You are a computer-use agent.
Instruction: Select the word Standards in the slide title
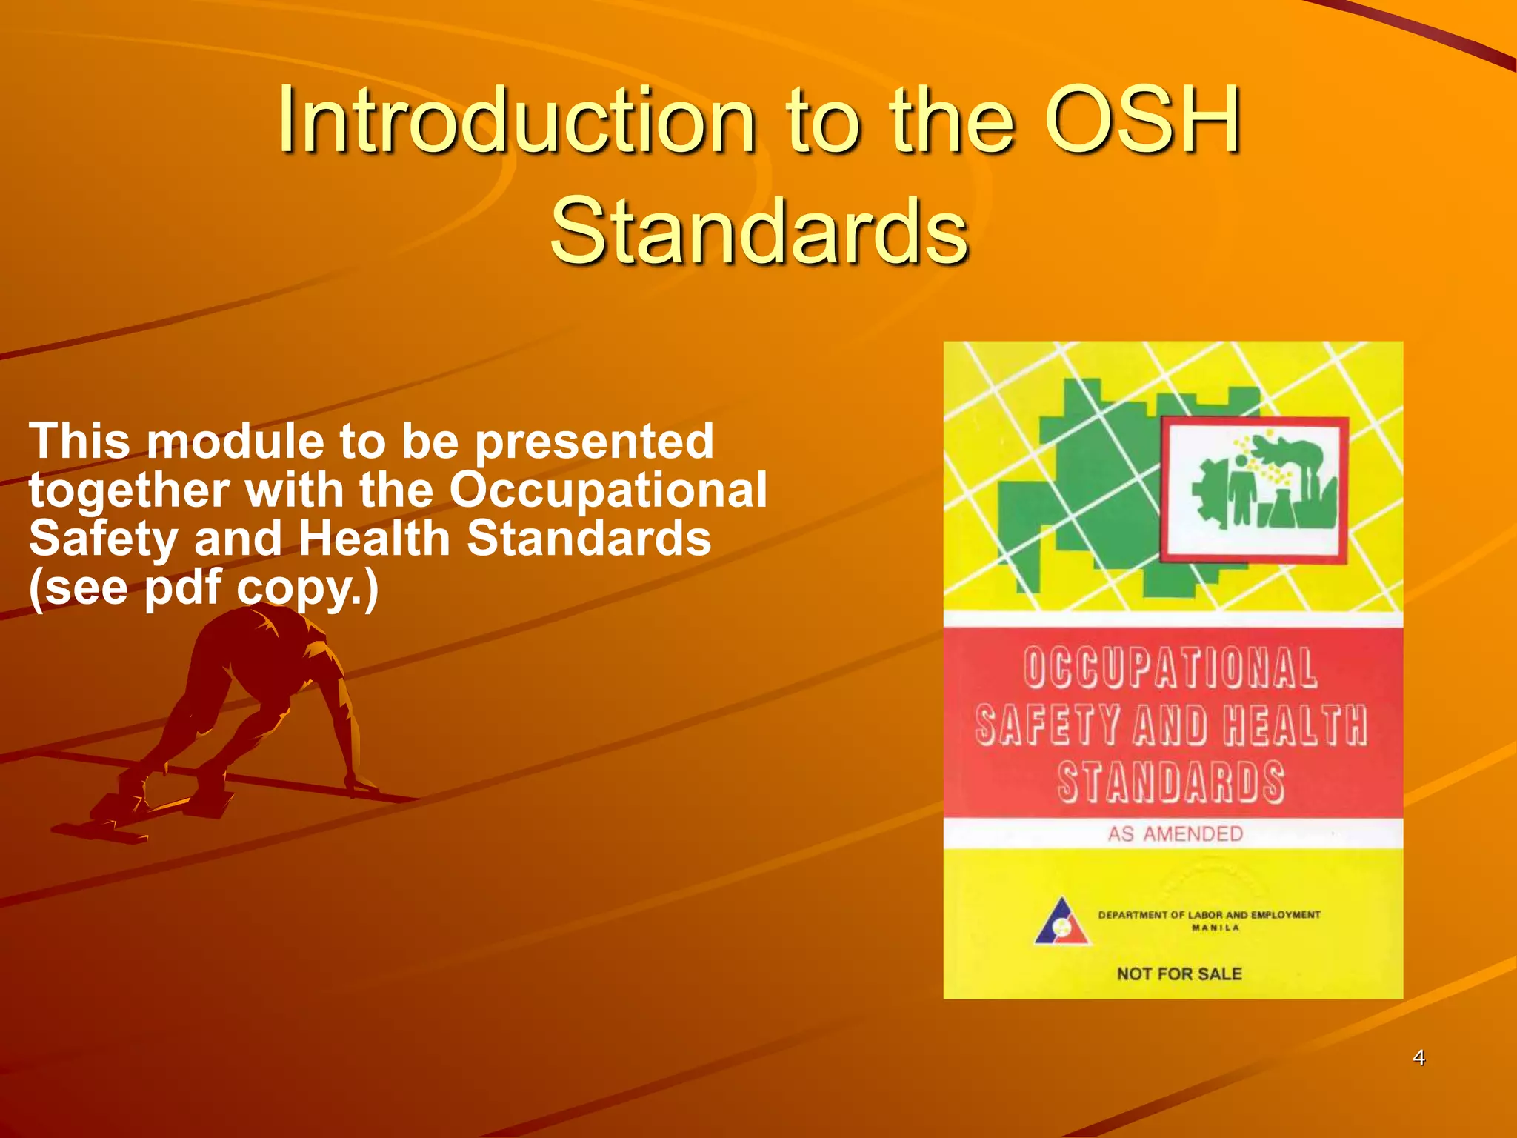tap(759, 230)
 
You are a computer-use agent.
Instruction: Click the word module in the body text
tap(235, 442)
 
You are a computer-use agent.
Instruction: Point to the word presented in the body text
tap(594, 443)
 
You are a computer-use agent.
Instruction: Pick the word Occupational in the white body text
tap(608, 490)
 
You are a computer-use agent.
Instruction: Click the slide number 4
tap(1418, 1057)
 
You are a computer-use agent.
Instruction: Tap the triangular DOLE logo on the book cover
tap(1062, 922)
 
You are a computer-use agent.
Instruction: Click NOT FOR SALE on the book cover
tap(1179, 974)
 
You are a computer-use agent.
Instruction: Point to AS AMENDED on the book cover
tap(1175, 834)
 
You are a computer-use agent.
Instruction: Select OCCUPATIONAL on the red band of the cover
tap(1170, 668)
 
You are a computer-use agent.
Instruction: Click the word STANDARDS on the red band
tap(1170, 782)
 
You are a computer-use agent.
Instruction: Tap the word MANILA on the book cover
tap(1215, 928)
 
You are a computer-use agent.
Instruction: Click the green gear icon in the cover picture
tap(1207, 493)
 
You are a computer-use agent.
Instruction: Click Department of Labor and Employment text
tap(1209, 915)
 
